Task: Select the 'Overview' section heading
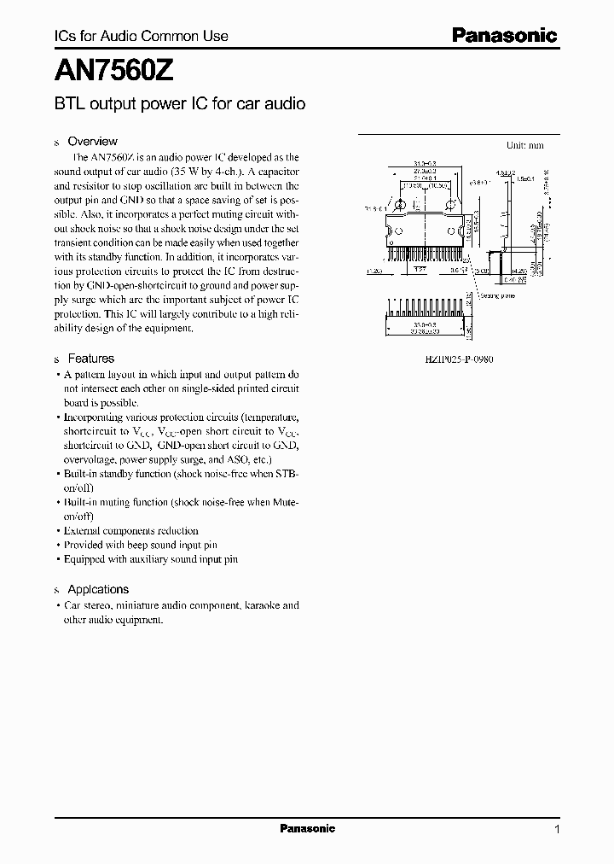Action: (x=92, y=141)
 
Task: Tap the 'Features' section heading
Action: (x=90, y=359)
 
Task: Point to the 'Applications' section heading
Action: (x=98, y=589)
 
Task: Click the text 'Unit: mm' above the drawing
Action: (x=525, y=145)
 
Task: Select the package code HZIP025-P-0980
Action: (x=459, y=359)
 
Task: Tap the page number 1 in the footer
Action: (x=557, y=830)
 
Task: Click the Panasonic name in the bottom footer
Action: (x=308, y=829)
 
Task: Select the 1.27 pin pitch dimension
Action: (x=421, y=269)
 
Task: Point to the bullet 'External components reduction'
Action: (x=131, y=530)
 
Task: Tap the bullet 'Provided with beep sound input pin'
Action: (x=141, y=545)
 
